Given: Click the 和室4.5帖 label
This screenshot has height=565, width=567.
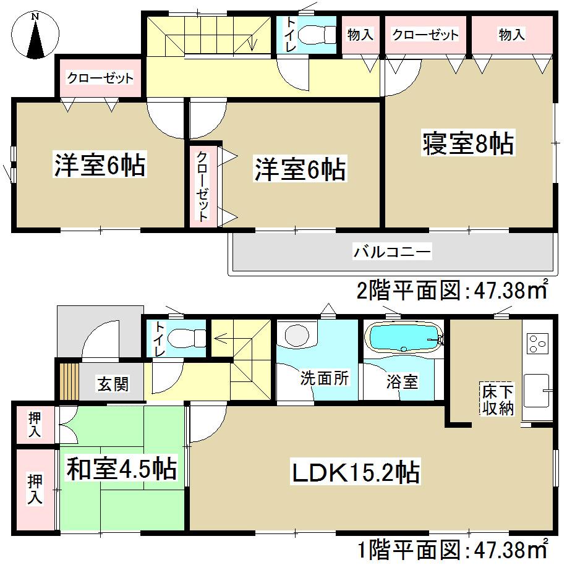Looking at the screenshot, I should pos(122,468).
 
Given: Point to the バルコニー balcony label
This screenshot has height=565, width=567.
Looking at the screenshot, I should pos(392,252).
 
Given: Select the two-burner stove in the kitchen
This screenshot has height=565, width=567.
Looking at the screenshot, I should pos(536,344).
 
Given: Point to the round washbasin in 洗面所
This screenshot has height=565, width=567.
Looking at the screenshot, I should pos(297,336).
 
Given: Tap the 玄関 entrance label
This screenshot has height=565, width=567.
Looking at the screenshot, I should pos(113,384).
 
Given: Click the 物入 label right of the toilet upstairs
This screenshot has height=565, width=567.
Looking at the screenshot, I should pos(360,35).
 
